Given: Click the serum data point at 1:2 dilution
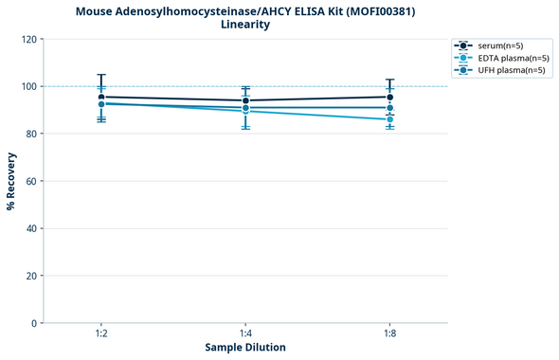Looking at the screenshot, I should (101, 97).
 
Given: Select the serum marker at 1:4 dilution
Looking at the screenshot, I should (245, 100).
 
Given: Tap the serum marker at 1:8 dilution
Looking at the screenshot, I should (389, 97).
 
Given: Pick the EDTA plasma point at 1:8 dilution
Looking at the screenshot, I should (389, 119).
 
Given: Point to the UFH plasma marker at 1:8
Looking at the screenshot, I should (389, 108).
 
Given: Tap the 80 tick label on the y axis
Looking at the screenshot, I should (30, 134).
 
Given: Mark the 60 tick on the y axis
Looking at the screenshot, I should (30, 181).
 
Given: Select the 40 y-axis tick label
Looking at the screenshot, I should (30, 228).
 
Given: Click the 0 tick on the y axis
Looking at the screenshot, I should (33, 323).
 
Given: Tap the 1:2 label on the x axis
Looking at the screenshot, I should (101, 334).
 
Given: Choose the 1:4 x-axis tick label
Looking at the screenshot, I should (245, 334).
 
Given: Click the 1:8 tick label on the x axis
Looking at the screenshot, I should (389, 334).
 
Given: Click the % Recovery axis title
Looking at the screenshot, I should (11, 180).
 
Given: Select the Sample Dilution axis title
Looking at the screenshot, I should (245, 348).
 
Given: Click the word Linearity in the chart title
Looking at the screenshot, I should (245, 25).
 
